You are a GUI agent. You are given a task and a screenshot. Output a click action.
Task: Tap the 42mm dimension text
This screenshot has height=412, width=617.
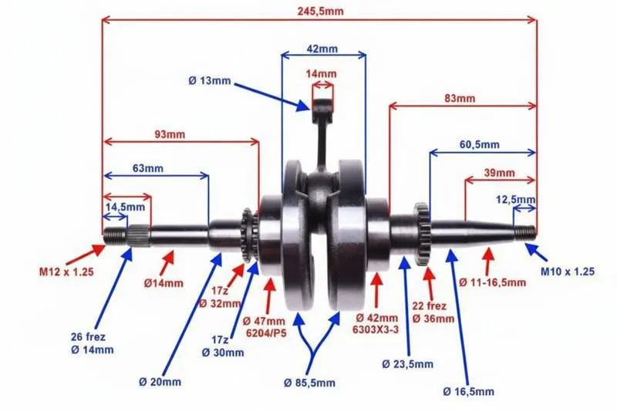pos(322,48)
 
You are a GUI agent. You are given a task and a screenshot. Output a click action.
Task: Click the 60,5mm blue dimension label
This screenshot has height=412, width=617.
pos(479,144)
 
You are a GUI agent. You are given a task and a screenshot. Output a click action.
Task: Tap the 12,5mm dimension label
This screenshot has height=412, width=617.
pos(516,199)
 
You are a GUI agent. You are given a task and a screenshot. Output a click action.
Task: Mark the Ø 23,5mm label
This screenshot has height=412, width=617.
pos(408,363)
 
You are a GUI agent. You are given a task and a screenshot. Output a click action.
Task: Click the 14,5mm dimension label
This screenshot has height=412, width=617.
pos(124,207)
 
